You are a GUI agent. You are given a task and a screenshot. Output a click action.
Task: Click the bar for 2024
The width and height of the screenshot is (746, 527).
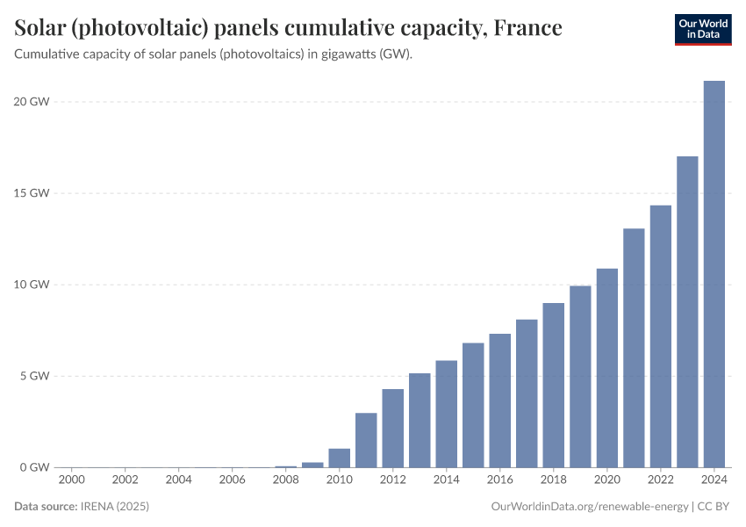(x=714, y=274)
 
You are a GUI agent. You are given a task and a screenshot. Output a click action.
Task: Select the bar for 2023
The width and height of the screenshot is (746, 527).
(x=687, y=312)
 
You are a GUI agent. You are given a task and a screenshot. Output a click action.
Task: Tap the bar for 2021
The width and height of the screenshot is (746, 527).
(x=634, y=348)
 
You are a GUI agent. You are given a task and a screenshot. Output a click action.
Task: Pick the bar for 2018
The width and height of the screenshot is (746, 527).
(x=554, y=385)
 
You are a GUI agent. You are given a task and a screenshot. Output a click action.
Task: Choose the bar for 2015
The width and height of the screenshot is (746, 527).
(x=473, y=405)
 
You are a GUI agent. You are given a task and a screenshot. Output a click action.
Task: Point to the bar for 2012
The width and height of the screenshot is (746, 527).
(x=393, y=428)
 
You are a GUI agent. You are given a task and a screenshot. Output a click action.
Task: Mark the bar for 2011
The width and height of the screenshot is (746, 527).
(x=366, y=440)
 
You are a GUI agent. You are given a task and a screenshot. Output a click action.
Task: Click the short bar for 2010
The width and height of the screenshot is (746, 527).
(x=340, y=458)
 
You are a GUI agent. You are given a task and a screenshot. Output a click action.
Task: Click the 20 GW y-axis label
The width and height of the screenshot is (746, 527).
(x=31, y=102)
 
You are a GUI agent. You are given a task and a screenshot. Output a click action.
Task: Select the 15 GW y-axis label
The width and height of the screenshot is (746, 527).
(x=31, y=193)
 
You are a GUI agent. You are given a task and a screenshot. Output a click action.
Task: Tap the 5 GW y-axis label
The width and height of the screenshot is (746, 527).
(x=34, y=376)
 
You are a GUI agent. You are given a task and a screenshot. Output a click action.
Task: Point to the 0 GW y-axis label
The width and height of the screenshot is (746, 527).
(x=34, y=467)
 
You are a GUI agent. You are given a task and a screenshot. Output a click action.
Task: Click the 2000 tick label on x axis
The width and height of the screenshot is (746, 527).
(x=72, y=480)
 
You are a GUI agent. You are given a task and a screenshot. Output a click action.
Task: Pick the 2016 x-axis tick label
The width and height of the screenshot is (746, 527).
(x=500, y=480)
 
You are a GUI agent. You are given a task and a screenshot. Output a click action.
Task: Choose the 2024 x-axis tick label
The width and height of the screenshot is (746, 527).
(x=714, y=480)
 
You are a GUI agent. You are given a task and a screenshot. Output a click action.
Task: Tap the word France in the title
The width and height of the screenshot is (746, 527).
(x=527, y=28)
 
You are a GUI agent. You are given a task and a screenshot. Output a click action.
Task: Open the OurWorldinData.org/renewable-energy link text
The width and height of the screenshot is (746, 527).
(x=588, y=507)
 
